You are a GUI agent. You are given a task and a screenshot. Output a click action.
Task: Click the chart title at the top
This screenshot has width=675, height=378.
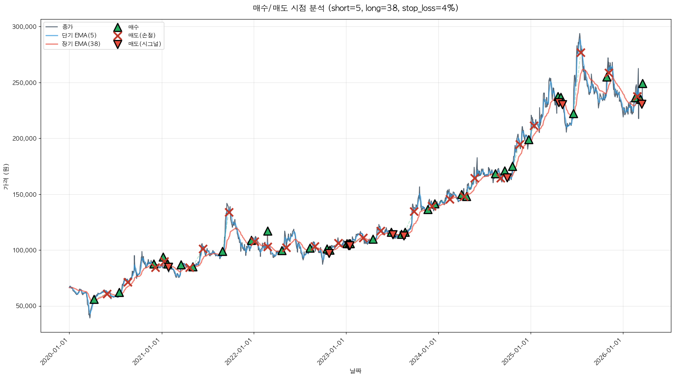point(355,8)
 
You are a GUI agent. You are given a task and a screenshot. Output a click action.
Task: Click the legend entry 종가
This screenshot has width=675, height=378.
point(67,27)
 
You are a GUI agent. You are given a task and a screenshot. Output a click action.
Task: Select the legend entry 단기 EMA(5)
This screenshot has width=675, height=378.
point(79,35)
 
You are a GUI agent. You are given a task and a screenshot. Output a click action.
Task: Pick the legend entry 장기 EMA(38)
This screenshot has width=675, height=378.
point(81,44)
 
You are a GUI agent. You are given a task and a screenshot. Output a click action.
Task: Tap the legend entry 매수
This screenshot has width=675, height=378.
point(133,27)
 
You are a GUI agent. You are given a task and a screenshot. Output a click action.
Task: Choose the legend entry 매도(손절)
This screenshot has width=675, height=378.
point(142,35)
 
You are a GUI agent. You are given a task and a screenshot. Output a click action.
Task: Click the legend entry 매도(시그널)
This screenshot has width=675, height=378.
point(144,44)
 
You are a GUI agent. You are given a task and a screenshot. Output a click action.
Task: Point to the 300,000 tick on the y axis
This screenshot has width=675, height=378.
point(24,27)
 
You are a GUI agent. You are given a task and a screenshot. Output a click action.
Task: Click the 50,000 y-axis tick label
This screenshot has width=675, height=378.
point(26,306)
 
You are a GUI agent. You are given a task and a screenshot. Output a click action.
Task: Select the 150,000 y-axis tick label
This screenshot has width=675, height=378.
point(24,194)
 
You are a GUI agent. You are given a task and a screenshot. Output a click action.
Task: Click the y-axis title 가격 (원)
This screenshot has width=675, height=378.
point(6,176)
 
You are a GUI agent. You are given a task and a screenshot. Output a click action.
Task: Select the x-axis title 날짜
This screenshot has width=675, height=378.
point(355,371)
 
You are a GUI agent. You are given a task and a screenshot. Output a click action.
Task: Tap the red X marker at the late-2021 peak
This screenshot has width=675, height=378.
point(229,212)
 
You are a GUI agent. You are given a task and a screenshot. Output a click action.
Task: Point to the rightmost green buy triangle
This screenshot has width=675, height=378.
point(642,84)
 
